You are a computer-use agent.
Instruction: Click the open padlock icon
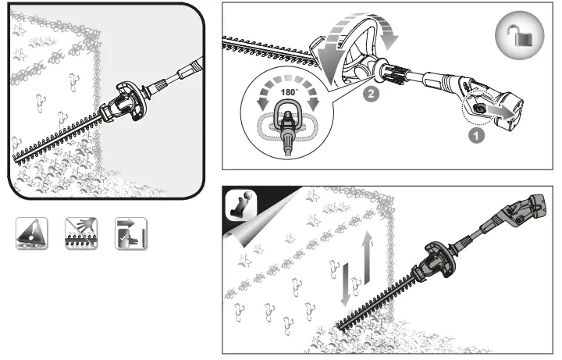(x=520, y=35)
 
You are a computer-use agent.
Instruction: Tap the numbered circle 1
(x=476, y=136)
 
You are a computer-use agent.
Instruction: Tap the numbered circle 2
(x=371, y=94)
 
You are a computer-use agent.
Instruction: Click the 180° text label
(x=289, y=92)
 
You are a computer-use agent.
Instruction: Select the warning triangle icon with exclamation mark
(x=31, y=233)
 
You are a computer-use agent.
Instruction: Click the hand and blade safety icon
(x=81, y=233)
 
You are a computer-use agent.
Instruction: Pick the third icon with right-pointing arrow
(x=131, y=233)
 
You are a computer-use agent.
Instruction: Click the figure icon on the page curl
(x=241, y=205)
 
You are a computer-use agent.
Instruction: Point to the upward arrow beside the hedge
(x=367, y=258)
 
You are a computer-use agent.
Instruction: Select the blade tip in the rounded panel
(x=15, y=159)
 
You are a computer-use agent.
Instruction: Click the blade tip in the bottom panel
(x=338, y=326)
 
